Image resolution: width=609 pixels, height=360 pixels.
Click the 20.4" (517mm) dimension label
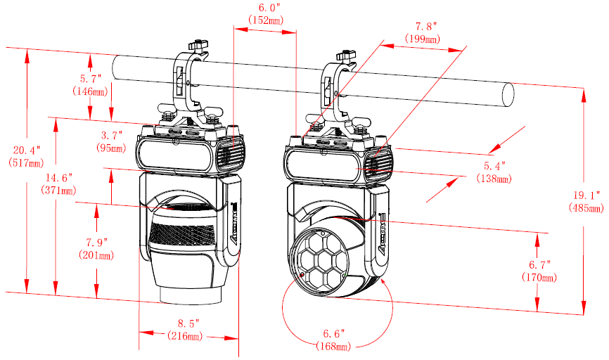pos(27,156)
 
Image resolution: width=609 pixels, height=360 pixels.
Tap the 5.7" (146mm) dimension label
pos(90,85)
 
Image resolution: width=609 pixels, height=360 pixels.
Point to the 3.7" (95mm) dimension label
pos(112,141)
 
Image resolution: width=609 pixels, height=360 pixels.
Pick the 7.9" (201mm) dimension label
pos(96,249)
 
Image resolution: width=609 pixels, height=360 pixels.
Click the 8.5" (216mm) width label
pos(185,329)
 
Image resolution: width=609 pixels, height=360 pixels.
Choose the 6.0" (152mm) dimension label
pos(266,13)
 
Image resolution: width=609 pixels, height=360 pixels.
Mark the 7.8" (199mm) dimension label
pos(423,32)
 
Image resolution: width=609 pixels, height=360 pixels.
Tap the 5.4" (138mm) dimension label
pos(494,172)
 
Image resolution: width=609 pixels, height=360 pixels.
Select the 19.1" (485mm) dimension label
pos(586,202)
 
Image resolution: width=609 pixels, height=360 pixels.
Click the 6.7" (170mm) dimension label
pos(539,271)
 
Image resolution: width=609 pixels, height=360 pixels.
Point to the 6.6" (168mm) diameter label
pos(333,340)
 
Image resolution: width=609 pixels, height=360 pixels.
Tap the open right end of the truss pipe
pos(508,95)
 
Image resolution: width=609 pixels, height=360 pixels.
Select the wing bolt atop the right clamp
pos(347,56)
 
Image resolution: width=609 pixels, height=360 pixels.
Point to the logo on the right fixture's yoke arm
pos(382,233)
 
